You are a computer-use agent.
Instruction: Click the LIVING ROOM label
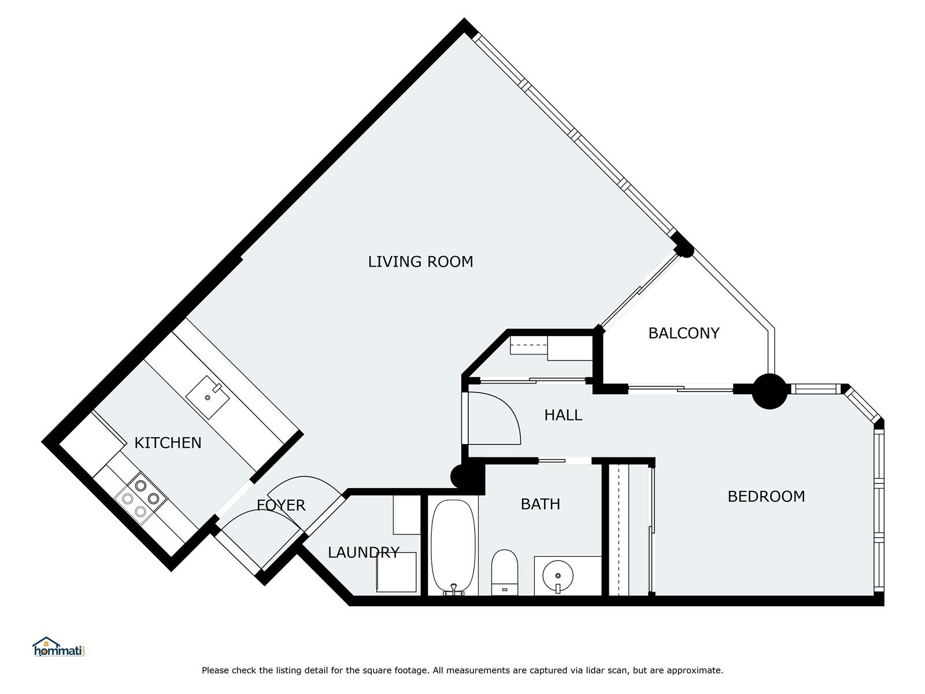click(x=420, y=261)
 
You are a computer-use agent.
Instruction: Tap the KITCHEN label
click(x=168, y=443)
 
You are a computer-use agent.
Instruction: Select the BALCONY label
click(x=683, y=333)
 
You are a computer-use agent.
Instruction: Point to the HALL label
click(x=563, y=415)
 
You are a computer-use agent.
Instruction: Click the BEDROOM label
click(x=766, y=496)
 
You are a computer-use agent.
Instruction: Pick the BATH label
click(x=540, y=504)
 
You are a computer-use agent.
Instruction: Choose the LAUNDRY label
click(x=364, y=552)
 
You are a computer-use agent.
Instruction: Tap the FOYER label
click(x=280, y=505)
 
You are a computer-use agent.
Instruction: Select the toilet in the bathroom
click(x=505, y=572)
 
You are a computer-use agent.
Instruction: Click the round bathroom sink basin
click(x=558, y=575)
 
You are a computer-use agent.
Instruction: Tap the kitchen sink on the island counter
click(x=208, y=397)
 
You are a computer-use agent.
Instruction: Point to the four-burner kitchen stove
click(x=140, y=499)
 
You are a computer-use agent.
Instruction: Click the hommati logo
click(x=59, y=647)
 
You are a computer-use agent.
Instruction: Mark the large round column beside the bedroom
click(x=769, y=392)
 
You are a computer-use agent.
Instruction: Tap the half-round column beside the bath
click(x=458, y=477)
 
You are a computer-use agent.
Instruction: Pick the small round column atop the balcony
click(x=685, y=250)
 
